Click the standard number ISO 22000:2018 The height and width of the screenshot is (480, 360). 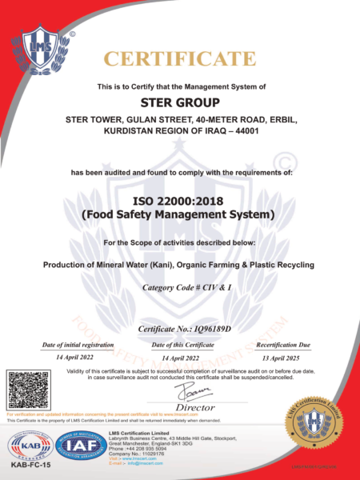179,200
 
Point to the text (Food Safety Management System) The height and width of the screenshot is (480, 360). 179,214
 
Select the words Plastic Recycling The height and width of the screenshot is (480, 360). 279,264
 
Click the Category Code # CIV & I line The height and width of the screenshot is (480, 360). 179,286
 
